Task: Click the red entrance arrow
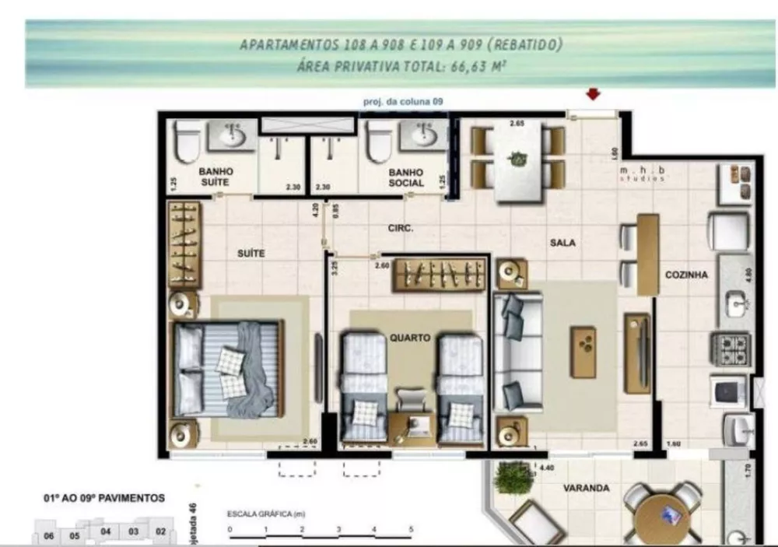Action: (x=594, y=94)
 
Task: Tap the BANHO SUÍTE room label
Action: (x=216, y=177)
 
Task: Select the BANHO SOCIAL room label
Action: (x=406, y=177)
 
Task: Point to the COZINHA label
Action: (x=686, y=275)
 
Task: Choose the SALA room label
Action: (x=562, y=243)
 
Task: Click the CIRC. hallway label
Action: (x=400, y=229)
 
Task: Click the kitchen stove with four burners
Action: (x=731, y=349)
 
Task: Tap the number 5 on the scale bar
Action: (x=410, y=528)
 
